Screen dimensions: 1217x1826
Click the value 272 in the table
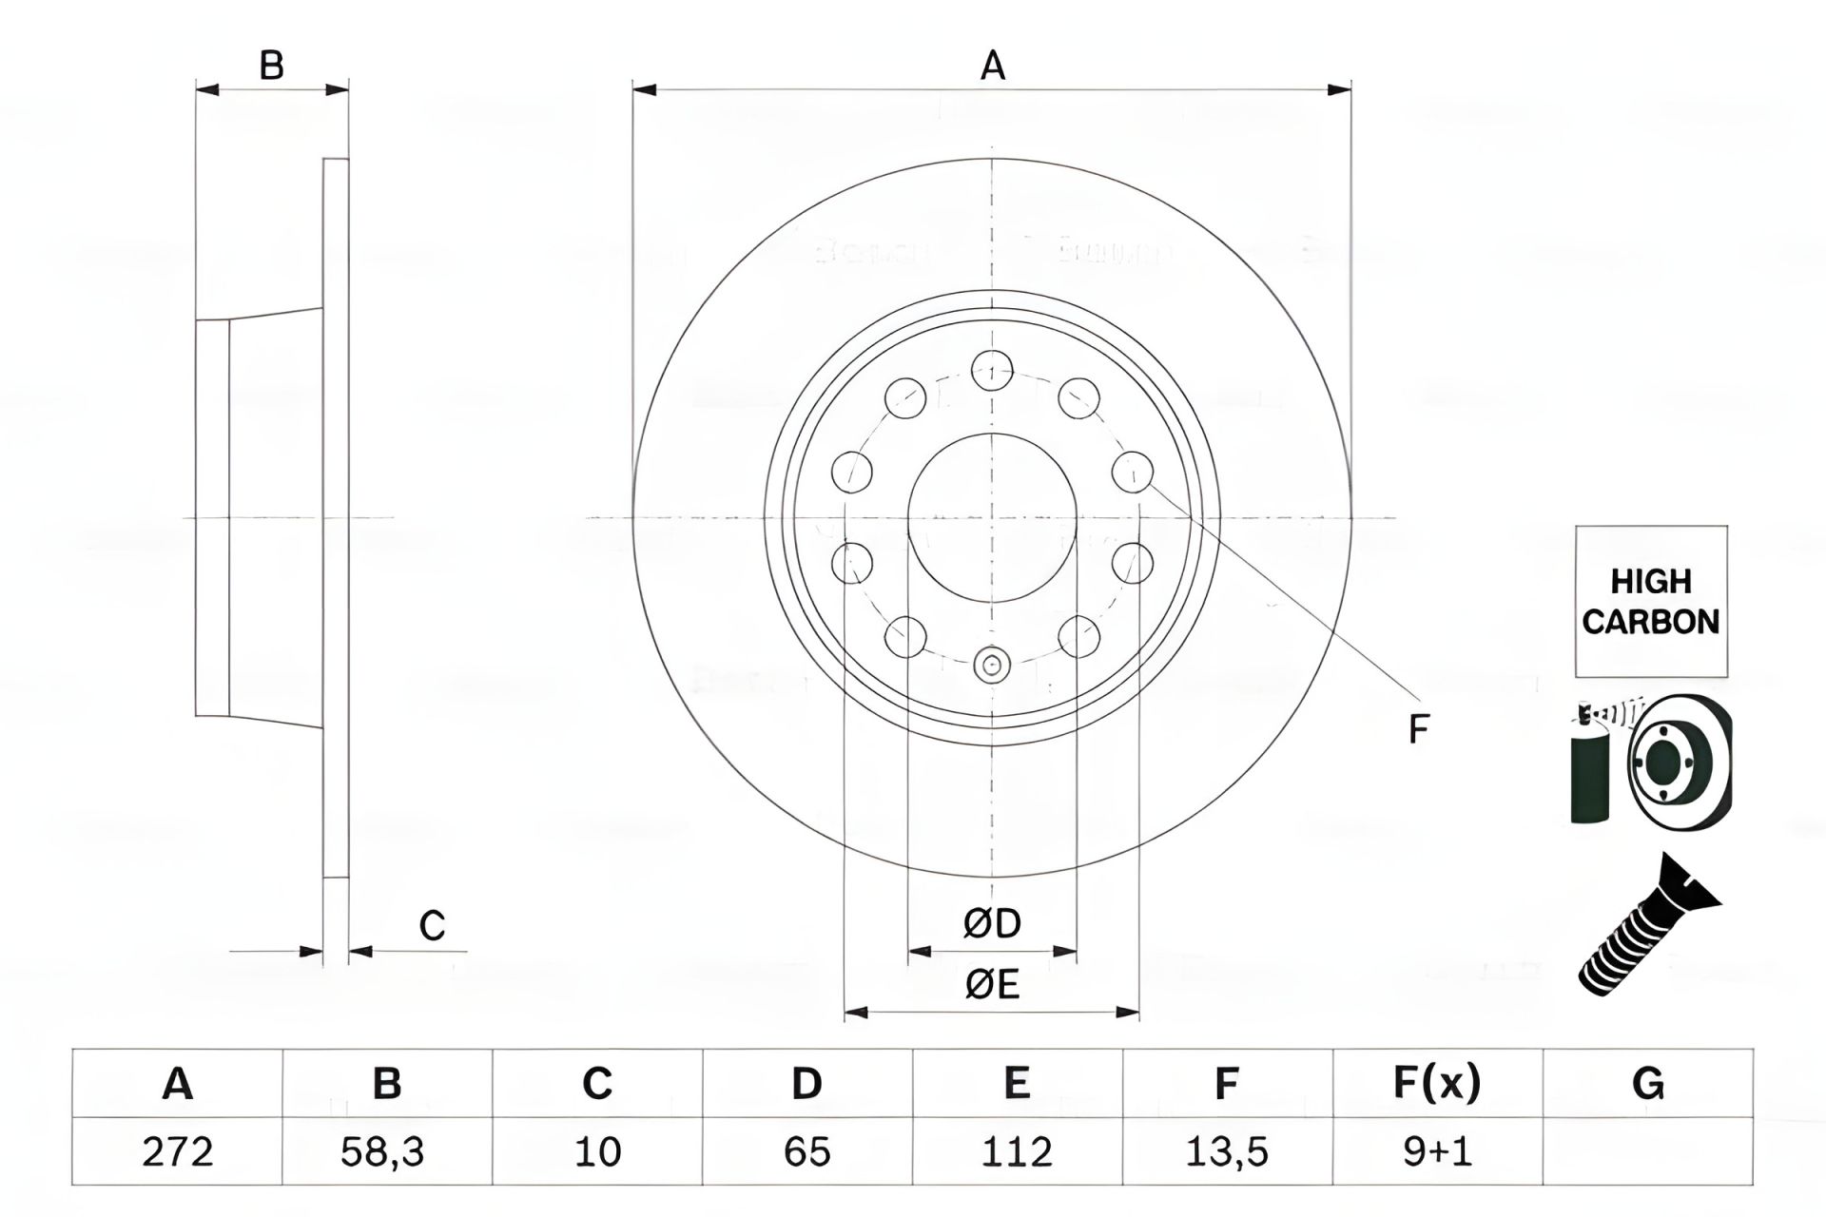click(x=177, y=1151)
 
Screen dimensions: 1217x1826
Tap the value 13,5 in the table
click(x=1227, y=1151)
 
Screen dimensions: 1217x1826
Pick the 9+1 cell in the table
click(x=1437, y=1151)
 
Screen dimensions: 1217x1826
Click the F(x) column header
click(x=1437, y=1083)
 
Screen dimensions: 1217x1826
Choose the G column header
click(x=1647, y=1083)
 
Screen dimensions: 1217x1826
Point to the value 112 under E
click(x=1017, y=1151)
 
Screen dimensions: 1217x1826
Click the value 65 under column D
click(x=806, y=1151)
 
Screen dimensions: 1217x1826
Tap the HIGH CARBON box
click(x=1651, y=601)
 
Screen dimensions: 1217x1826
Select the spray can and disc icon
click(x=1650, y=761)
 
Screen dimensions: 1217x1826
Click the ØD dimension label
click(x=992, y=923)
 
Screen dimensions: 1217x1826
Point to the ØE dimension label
click(x=992, y=984)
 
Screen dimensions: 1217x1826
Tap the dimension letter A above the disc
click(x=992, y=67)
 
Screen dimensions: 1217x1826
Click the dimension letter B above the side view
click(x=272, y=67)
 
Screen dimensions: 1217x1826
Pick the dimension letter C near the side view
click(x=432, y=925)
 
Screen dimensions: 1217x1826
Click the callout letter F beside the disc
click(x=1418, y=730)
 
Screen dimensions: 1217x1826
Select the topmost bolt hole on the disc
click(x=992, y=371)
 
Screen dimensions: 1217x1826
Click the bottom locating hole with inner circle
click(x=992, y=665)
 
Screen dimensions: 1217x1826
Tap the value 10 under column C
click(x=597, y=1151)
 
